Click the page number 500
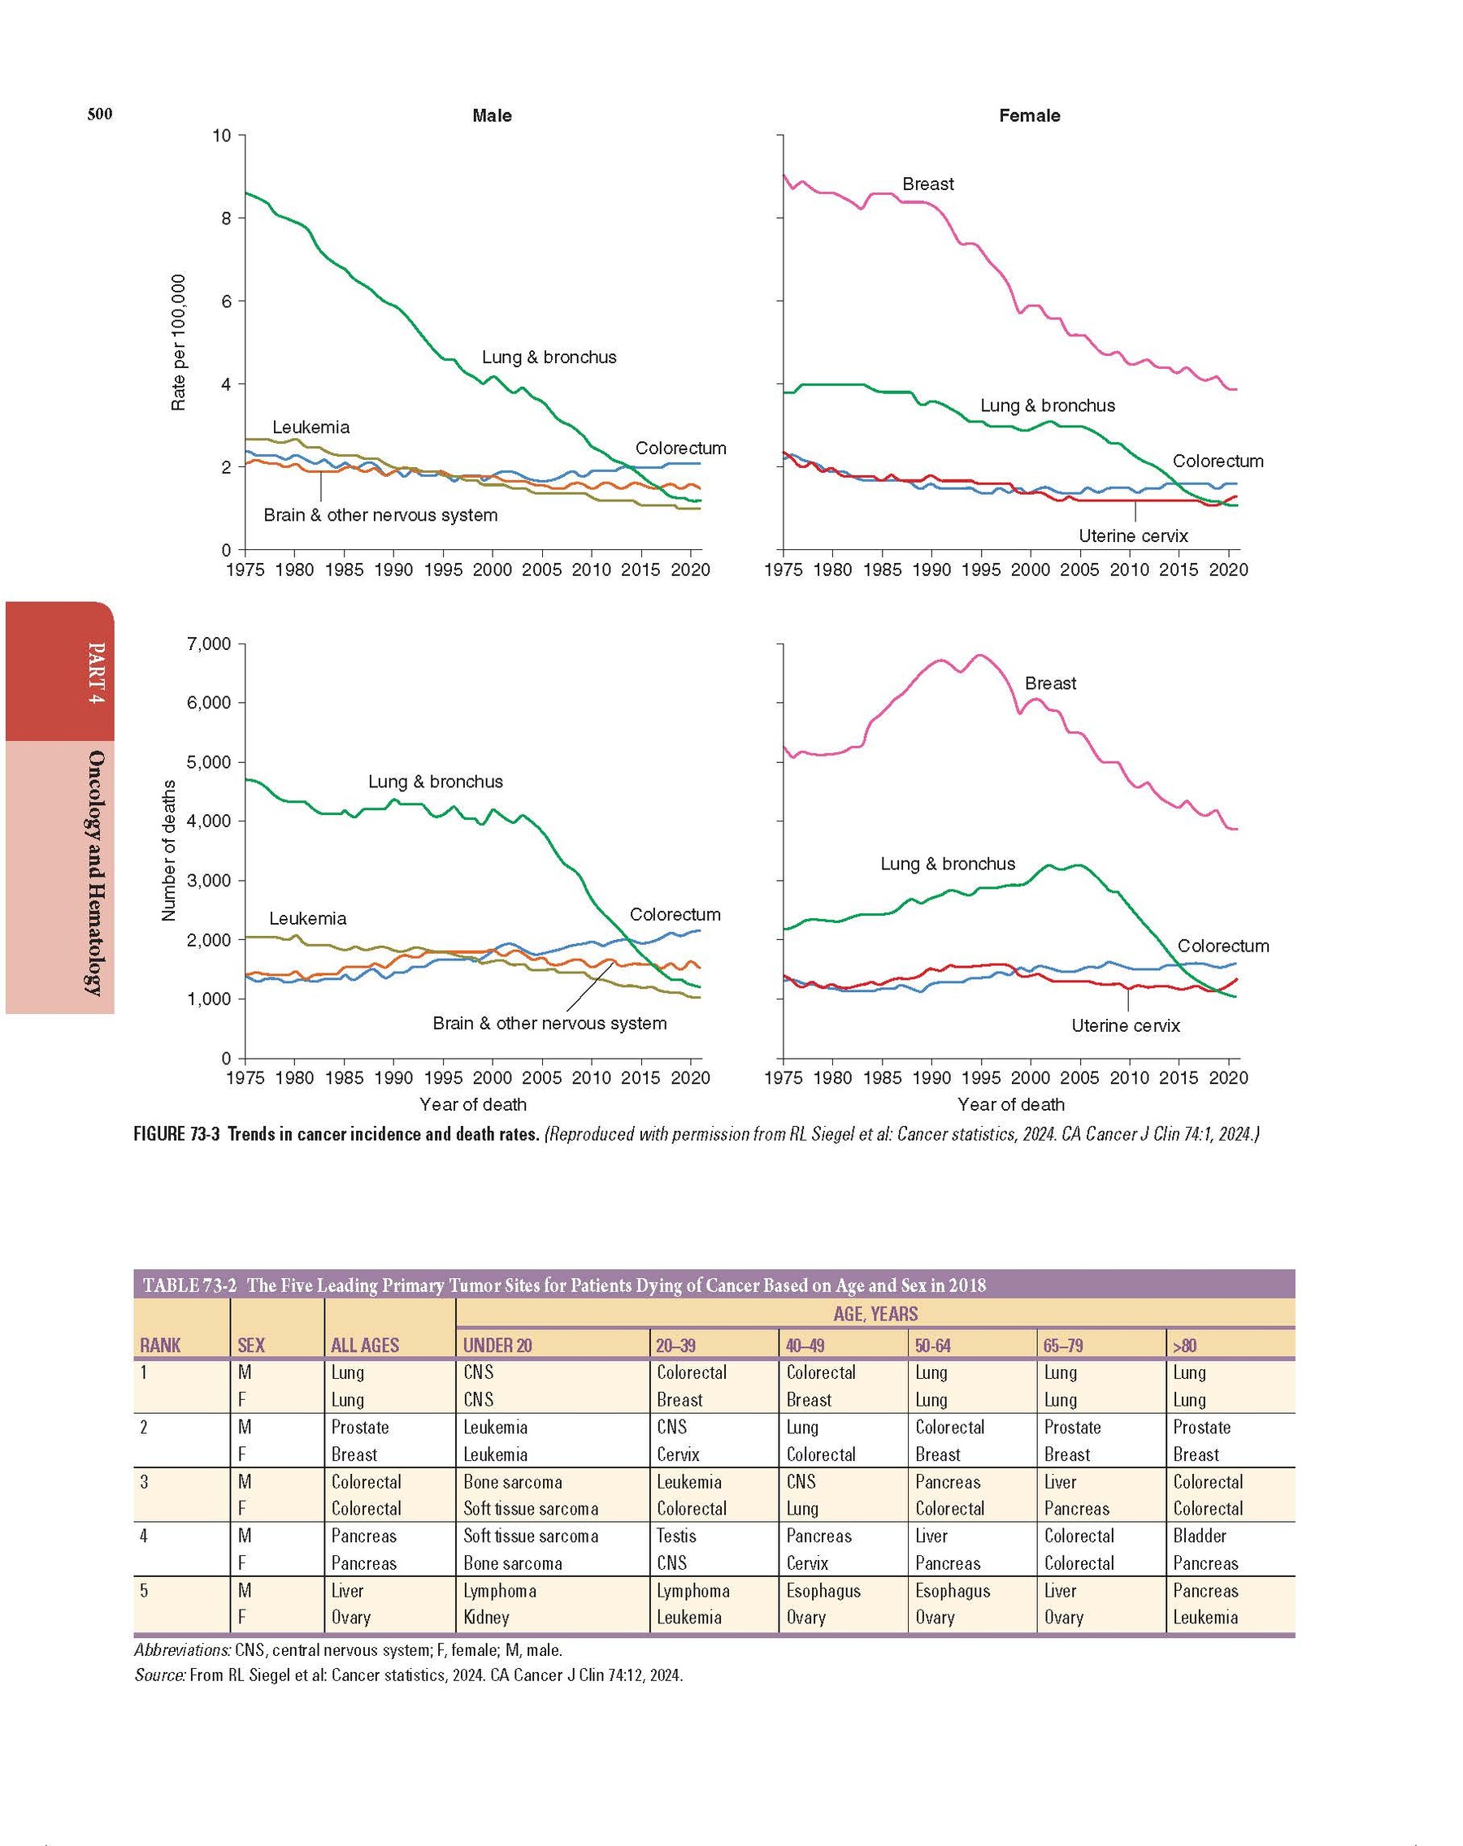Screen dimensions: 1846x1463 (x=99, y=115)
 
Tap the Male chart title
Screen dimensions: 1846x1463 (x=492, y=115)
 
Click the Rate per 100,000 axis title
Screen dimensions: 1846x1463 (x=178, y=343)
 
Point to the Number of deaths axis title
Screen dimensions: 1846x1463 (x=169, y=850)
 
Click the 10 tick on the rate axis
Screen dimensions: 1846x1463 (x=222, y=136)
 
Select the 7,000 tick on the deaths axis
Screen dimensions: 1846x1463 (x=209, y=643)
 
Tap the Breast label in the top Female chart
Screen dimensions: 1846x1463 (x=927, y=184)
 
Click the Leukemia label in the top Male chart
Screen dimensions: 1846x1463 (x=311, y=427)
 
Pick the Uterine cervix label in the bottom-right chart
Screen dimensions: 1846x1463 (x=1126, y=1025)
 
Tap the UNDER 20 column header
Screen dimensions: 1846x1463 (x=497, y=1345)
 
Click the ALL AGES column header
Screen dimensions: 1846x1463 (x=365, y=1345)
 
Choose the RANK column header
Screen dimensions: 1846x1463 (x=160, y=1345)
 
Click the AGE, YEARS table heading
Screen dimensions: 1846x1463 (x=875, y=1315)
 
